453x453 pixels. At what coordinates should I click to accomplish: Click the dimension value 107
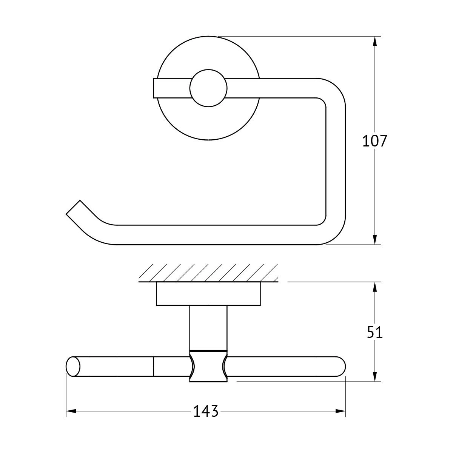[374, 141]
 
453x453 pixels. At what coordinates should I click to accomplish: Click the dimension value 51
[375, 333]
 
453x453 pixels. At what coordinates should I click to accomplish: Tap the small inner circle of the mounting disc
[208, 88]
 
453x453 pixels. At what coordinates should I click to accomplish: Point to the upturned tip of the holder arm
[73, 207]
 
